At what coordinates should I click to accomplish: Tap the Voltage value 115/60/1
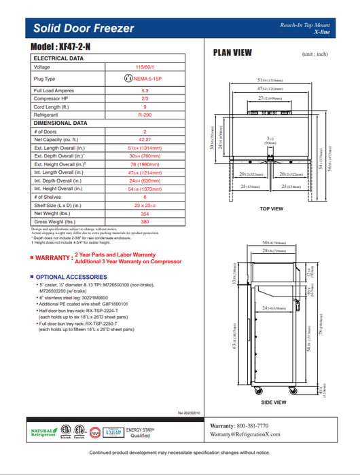(x=144, y=67)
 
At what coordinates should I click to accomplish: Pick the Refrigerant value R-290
(x=144, y=115)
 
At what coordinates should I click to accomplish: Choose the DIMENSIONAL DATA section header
(x=60, y=123)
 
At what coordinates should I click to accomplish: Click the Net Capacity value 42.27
(x=144, y=139)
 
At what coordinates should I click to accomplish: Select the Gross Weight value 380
(x=144, y=221)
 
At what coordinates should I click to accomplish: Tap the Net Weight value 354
(x=144, y=213)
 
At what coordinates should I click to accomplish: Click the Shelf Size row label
(x=58, y=205)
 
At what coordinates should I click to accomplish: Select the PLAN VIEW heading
(x=232, y=52)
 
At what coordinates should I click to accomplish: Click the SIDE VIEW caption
(x=272, y=402)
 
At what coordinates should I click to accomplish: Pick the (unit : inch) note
(x=314, y=54)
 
